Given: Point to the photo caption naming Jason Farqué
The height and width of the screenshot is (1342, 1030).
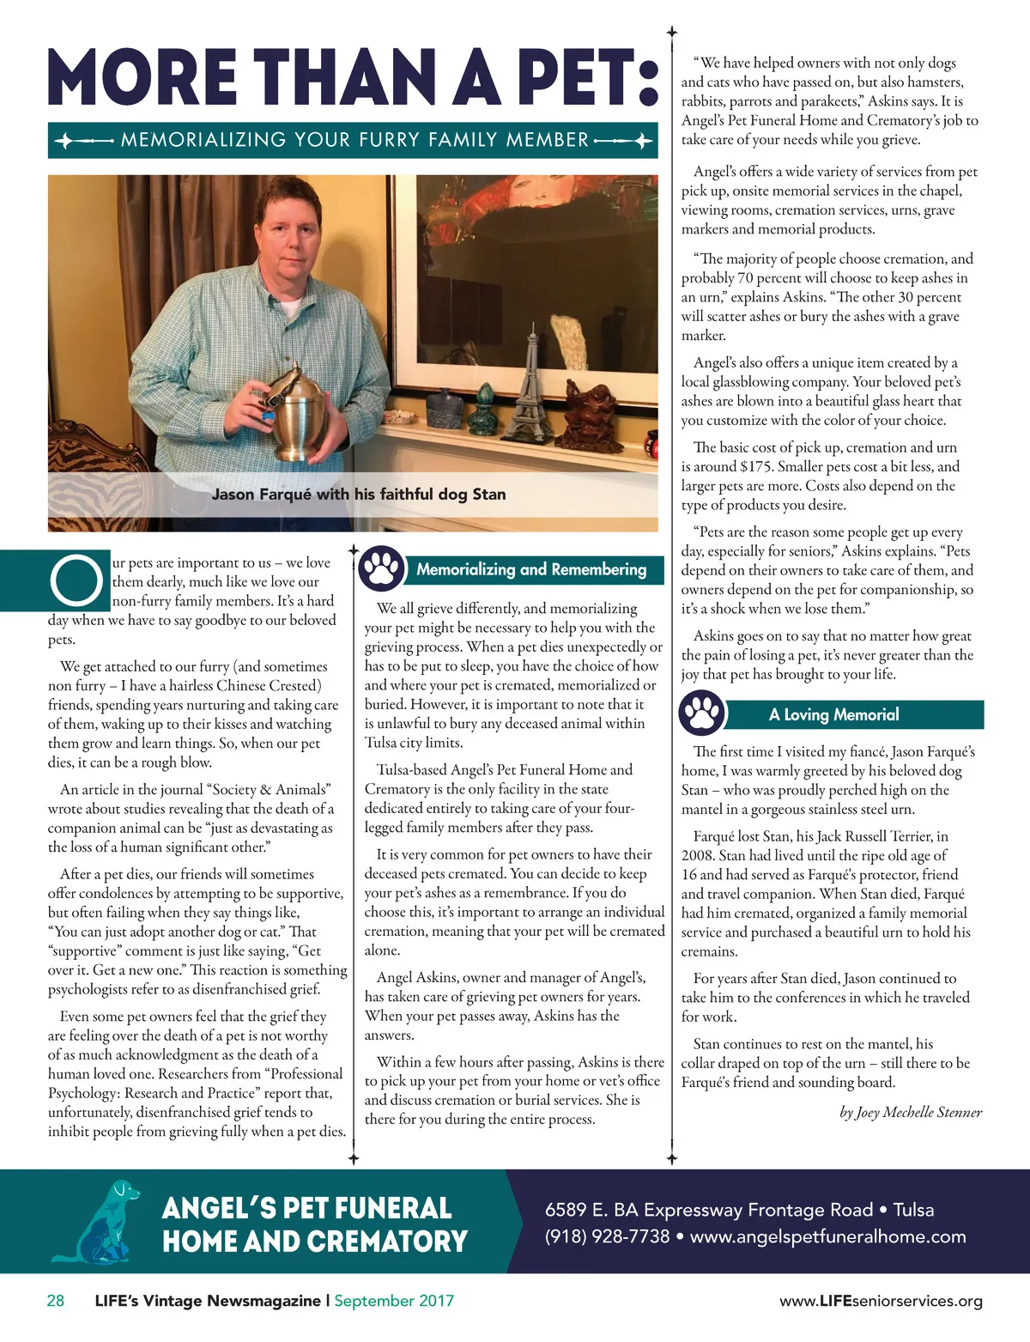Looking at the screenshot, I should [359, 495].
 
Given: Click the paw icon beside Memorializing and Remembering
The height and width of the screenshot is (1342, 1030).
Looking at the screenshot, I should [380, 568].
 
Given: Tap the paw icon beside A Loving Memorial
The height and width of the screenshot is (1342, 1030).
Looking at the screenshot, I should [701, 714].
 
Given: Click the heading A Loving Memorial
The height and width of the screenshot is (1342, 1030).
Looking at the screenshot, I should [833, 714].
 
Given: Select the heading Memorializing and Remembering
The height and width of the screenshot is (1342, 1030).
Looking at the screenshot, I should [530, 569].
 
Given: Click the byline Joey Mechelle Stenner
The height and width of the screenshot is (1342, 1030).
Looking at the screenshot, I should [911, 1112].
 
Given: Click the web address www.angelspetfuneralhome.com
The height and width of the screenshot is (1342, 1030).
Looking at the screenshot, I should [827, 1236].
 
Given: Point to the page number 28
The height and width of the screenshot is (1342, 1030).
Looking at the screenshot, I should [55, 1300].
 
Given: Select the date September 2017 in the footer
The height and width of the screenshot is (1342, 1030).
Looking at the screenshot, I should [394, 1300].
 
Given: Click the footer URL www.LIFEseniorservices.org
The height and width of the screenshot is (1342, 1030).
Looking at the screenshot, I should [881, 1301].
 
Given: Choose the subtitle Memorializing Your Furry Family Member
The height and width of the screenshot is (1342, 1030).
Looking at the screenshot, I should [354, 140].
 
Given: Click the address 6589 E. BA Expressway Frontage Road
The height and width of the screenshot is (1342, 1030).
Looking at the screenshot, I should [708, 1210].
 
